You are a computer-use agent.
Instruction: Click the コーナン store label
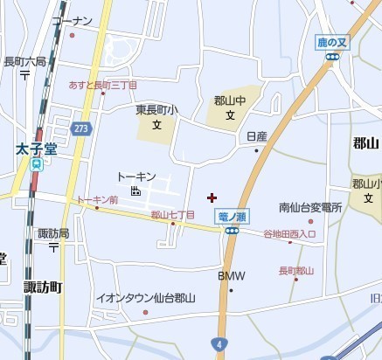tap(72, 20)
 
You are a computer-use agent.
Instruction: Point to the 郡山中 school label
tap(230, 100)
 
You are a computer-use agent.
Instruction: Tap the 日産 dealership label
tap(256, 136)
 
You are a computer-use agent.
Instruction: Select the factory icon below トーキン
tap(135, 190)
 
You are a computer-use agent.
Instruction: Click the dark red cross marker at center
tap(212, 197)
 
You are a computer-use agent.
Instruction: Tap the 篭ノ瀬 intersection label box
tap(231, 216)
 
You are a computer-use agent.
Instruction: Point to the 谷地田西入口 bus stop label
tap(289, 234)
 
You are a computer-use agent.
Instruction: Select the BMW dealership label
tap(231, 276)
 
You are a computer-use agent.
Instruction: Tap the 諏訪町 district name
tap(42, 286)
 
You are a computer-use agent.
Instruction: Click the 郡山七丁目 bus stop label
tap(172, 214)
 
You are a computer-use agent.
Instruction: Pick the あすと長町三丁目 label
tap(102, 85)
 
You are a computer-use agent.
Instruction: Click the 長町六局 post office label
tap(24, 61)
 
